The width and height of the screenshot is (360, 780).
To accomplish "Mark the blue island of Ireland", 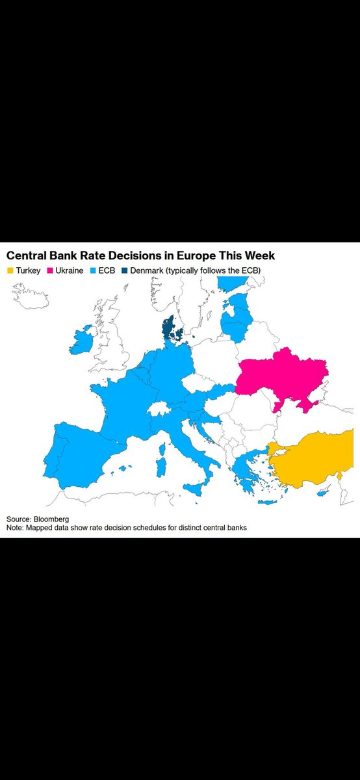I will tap(81, 341).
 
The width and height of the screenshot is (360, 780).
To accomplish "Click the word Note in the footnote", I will tap(16, 528).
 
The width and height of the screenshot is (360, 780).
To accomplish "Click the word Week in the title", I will tap(259, 255).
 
